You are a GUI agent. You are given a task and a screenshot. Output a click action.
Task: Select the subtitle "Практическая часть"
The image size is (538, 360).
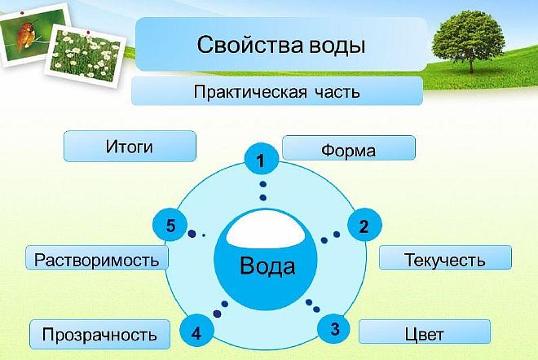coord(277,91)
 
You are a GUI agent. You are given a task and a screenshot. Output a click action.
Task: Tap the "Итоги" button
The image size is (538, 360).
coord(130,147)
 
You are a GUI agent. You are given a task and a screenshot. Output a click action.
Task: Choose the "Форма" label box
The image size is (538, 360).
coord(348,149)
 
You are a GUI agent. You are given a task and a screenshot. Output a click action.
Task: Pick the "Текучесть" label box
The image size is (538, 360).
coord(445,259)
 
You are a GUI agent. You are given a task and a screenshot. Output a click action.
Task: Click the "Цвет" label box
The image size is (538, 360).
coord(424,332)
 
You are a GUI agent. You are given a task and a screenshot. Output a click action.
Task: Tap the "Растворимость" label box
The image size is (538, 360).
coord(97,259)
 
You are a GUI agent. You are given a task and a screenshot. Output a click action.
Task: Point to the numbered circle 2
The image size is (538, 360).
coord(364,226)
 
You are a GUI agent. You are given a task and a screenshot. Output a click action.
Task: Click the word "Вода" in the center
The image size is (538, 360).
coord(267,266)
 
